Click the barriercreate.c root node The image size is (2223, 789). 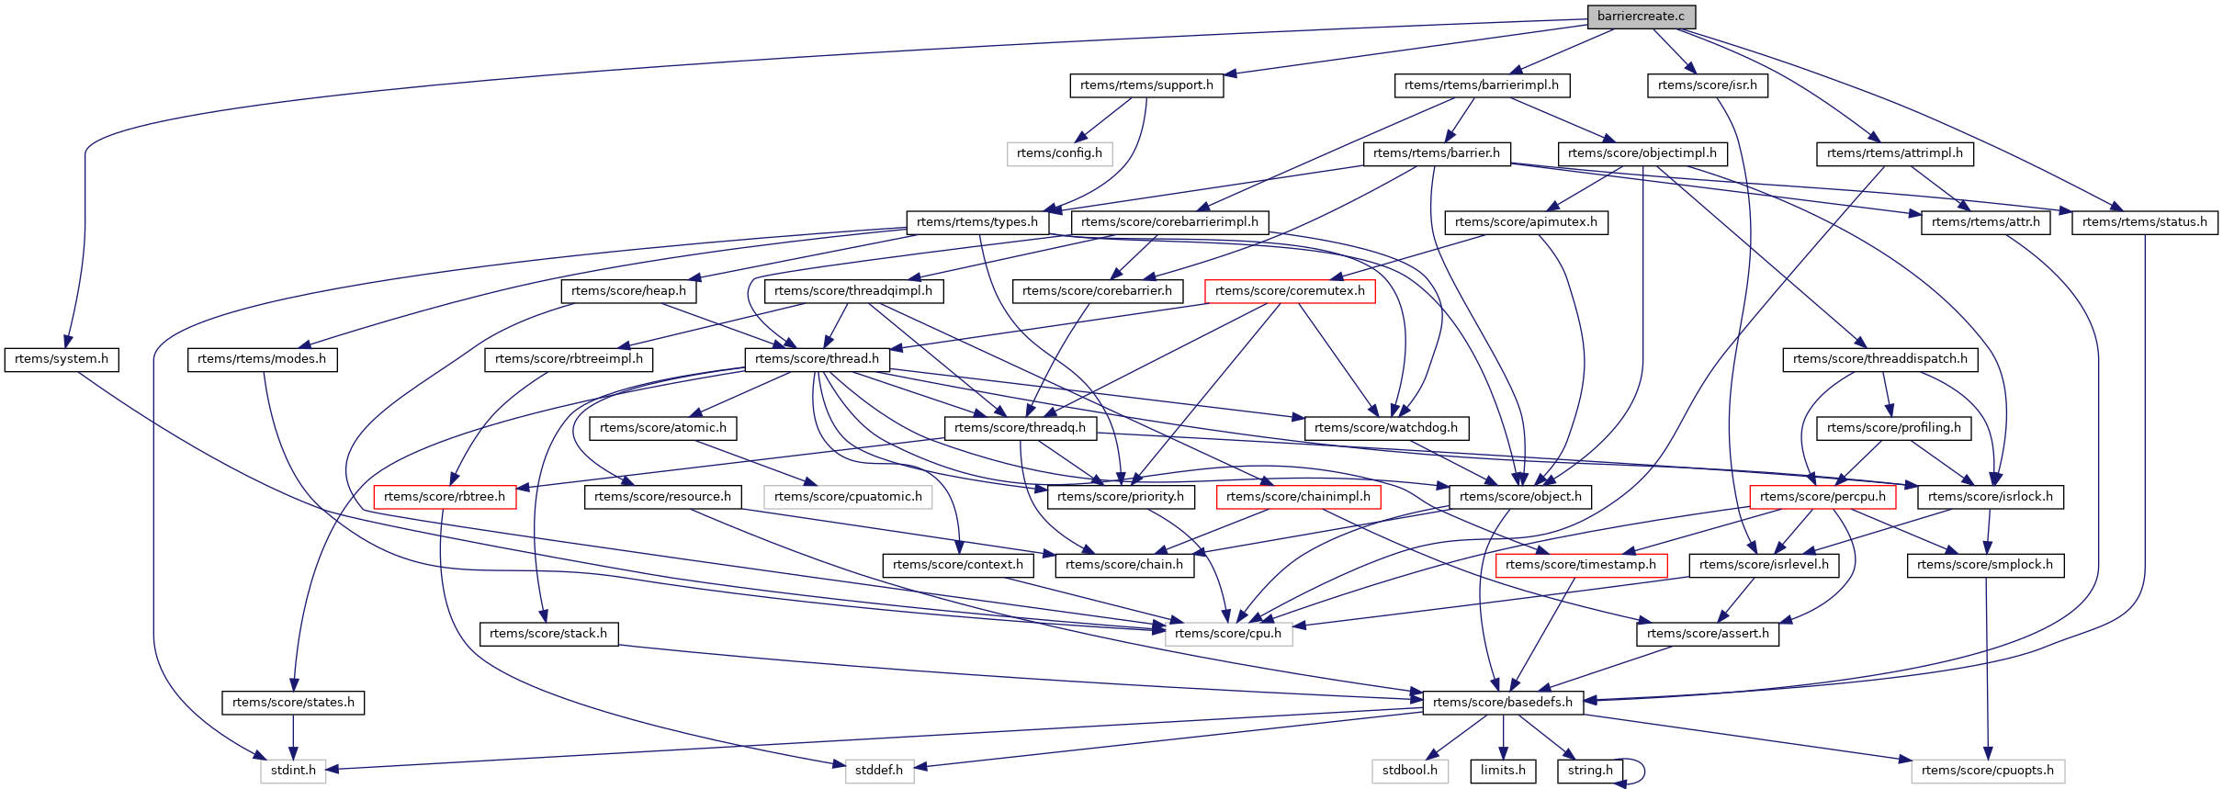point(1641,17)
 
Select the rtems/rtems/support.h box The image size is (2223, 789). point(1146,85)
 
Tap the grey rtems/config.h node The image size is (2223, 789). point(1059,153)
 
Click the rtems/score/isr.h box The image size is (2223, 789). point(1707,85)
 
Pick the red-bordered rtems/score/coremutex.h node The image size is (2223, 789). point(1290,291)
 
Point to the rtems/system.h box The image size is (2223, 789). point(62,359)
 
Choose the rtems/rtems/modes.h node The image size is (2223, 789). point(262,359)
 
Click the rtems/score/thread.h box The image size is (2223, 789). point(817,359)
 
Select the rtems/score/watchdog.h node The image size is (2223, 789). point(1385,428)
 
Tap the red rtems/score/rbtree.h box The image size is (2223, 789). point(445,497)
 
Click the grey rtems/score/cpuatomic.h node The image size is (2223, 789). point(848,497)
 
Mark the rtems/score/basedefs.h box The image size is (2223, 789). point(1502,703)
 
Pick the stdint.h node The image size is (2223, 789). point(293,771)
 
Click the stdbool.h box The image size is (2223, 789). point(1409,771)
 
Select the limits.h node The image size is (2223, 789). point(1503,771)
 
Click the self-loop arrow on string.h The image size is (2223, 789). point(1641,771)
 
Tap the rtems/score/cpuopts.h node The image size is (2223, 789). point(1987,771)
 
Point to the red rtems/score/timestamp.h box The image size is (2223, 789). point(1580,565)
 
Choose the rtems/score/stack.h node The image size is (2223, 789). point(548,634)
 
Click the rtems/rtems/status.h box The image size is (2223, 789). point(2144,222)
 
